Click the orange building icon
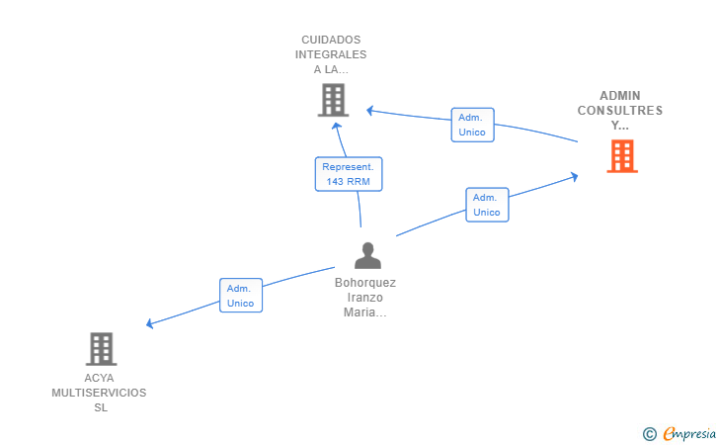pyautogui.click(x=621, y=156)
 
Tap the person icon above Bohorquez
pyautogui.click(x=367, y=255)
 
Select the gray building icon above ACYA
pyautogui.click(x=101, y=348)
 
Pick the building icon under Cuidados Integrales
pyautogui.click(x=334, y=100)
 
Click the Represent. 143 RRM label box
pyautogui.click(x=348, y=174)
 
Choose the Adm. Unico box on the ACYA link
pyautogui.click(x=240, y=296)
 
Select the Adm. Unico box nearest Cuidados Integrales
pyautogui.click(x=471, y=125)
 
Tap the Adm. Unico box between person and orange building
pyautogui.click(x=487, y=205)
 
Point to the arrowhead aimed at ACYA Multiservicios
pyautogui.click(x=149, y=323)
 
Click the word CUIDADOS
pyautogui.click(x=333, y=41)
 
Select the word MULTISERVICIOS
pyautogui.click(x=99, y=394)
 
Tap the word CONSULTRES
pyautogui.click(x=620, y=111)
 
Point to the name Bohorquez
pyautogui.click(x=365, y=283)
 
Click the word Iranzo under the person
pyautogui.click(x=365, y=298)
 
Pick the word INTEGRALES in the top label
pyautogui.click(x=333, y=55)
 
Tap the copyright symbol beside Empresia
pyautogui.click(x=650, y=433)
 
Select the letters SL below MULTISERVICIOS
pyautogui.click(x=100, y=408)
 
